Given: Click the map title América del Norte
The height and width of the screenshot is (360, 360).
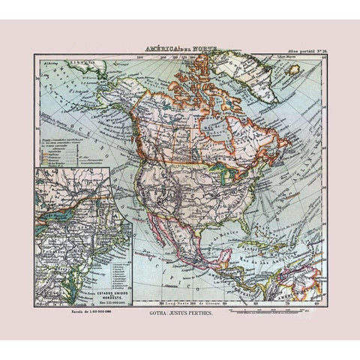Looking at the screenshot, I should [179, 49].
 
